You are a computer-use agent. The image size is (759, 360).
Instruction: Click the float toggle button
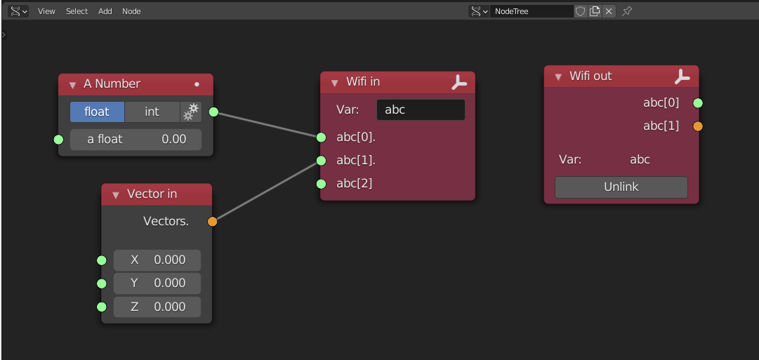97,112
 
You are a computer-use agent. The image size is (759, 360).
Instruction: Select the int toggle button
152,112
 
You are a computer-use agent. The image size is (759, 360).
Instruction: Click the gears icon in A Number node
191,112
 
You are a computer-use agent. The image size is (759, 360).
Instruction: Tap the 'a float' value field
136,139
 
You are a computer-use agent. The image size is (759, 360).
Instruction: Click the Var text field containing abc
421,109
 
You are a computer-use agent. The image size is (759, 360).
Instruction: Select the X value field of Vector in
157,260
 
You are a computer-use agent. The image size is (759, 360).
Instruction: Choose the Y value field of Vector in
157,283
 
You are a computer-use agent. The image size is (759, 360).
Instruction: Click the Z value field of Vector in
157,307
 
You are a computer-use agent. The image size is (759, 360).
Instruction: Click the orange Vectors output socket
213,222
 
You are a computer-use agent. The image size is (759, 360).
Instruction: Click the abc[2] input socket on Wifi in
321,184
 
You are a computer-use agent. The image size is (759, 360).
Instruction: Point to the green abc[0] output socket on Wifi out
698,103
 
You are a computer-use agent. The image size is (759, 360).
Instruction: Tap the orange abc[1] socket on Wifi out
698,126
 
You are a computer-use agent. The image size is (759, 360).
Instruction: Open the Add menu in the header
105,11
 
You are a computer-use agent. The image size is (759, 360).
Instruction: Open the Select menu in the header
77,11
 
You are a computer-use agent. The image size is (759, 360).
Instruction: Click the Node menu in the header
131,11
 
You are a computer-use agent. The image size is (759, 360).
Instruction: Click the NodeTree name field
531,11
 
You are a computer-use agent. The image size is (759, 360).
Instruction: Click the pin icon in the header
627,11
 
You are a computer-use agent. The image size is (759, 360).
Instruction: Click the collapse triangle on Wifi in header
334,82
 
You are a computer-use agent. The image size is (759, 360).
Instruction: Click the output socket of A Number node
213,112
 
